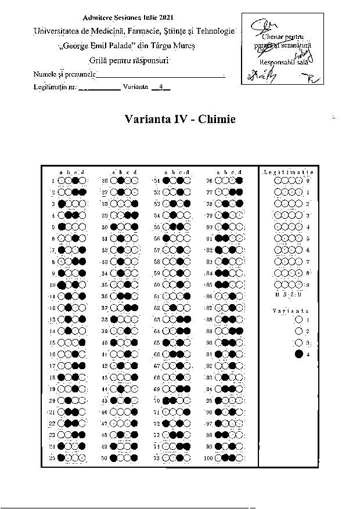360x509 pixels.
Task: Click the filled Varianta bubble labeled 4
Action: coord(298,355)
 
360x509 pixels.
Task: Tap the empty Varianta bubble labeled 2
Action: coord(298,331)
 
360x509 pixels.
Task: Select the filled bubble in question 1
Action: coord(75,181)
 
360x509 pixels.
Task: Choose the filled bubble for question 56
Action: coord(166,238)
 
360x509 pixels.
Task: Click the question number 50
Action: coord(105,458)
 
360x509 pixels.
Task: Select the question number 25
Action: coord(52,458)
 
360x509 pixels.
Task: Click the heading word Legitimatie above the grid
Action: coord(288,172)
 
